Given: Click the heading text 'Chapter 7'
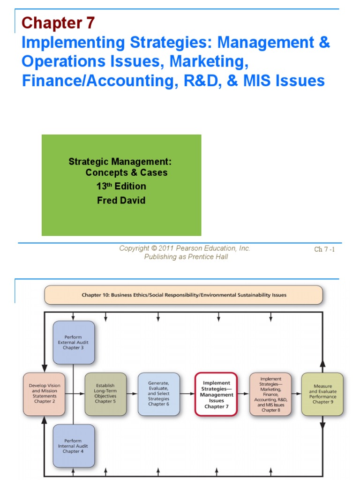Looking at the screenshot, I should (x=58, y=22).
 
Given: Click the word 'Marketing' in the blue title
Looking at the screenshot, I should (x=205, y=61).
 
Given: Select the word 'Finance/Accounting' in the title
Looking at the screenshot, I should (x=88, y=80).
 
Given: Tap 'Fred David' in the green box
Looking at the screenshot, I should (x=121, y=200).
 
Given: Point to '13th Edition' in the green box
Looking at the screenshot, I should (x=121, y=186).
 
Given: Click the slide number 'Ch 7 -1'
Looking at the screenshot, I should (x=324, y=249).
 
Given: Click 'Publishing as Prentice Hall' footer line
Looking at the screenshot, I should (x=186, y=257).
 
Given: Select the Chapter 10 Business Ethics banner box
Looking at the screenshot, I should (x=183, y=295).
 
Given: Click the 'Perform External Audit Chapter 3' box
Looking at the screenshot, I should (x=74, y=343).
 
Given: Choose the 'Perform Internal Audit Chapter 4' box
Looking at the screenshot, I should (x=74, y=446).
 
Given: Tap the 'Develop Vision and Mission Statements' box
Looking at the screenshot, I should (x=44, y=394).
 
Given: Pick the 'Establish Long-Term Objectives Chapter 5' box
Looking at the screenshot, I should (x=105, y=394).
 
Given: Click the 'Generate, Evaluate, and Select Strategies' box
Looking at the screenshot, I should (x=159, y=394).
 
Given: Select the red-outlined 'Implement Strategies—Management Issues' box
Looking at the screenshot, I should (x=216, y=394).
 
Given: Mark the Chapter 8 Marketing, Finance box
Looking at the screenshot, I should (x=270, y=394).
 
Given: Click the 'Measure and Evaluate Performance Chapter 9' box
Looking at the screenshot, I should (x=322, y=394).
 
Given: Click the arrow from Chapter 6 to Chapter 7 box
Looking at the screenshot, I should (x=187, y=394).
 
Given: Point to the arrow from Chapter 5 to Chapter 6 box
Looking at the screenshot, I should (x=132, y=394).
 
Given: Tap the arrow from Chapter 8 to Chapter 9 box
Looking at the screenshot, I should (x=296, y=394).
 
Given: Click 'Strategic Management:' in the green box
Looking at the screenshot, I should (x=120, y=162).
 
